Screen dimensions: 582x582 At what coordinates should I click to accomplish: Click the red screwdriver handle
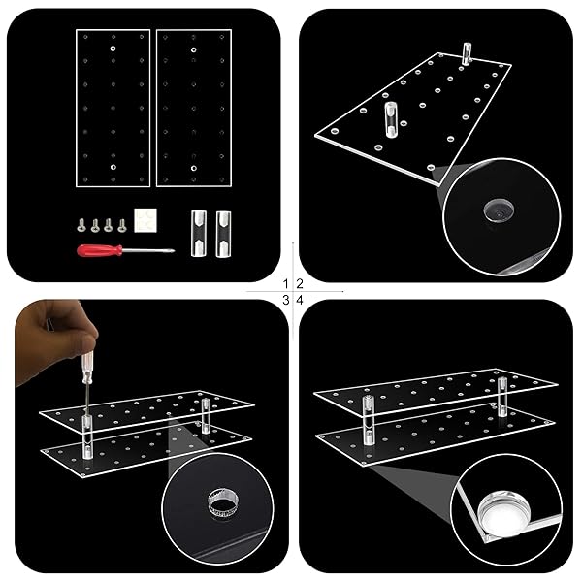100,250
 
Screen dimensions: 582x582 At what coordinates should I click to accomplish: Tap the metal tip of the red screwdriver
173,251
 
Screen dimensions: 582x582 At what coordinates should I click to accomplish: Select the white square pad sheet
145,220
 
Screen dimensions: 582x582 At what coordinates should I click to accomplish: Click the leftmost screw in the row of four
81,225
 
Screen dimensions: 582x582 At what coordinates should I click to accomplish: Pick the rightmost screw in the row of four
121,225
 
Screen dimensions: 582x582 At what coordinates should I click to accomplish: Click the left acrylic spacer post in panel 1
199,233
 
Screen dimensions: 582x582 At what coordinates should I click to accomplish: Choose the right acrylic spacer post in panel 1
223,234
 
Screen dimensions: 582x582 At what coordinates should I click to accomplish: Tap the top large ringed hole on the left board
113,48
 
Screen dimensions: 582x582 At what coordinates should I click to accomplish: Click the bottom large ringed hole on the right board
193,168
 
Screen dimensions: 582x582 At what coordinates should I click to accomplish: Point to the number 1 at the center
285,284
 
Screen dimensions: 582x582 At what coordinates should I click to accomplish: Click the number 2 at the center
300,284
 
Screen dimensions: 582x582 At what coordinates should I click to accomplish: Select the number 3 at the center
285,300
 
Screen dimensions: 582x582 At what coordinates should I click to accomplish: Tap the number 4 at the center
300,300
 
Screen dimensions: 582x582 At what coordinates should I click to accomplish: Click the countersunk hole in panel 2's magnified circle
499,211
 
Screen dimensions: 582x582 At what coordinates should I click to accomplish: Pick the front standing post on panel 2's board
390,119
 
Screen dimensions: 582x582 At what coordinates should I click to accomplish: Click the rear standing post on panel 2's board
467,53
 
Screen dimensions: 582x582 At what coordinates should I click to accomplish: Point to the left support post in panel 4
368,420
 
